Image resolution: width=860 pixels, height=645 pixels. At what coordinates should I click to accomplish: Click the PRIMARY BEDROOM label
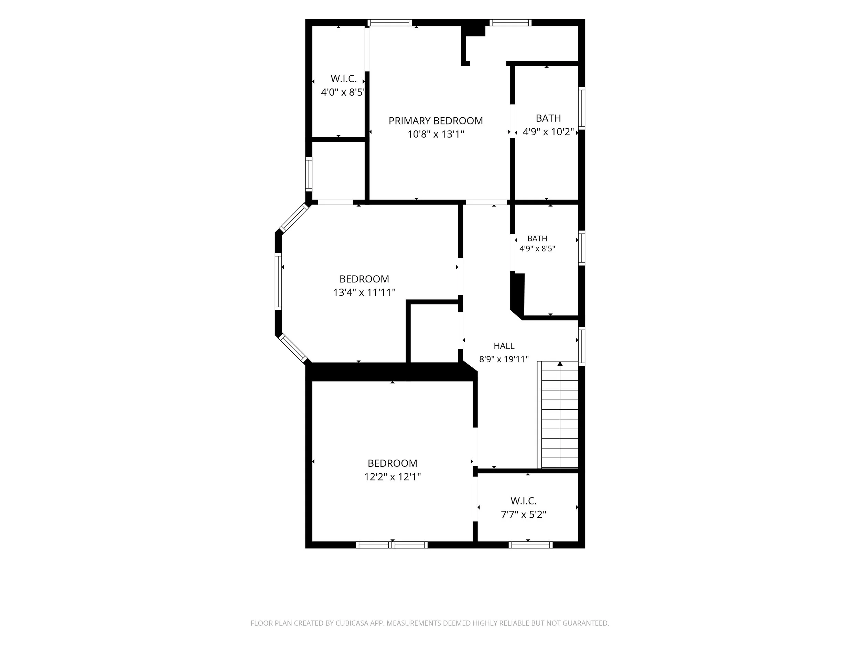tap(436, 121)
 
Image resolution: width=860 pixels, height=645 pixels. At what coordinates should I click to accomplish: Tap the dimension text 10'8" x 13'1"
tap(436, 134)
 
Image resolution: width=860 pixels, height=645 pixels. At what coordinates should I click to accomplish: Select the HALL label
tap(504, 346)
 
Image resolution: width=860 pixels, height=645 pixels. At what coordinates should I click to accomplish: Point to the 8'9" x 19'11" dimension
tap(504, 359)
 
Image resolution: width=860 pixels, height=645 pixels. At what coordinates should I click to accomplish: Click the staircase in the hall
tap(558, 415)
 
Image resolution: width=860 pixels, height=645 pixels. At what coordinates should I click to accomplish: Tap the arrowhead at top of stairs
tap(560, 364)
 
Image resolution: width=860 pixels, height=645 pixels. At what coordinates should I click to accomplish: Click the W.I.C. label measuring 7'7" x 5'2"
tap(524, 501)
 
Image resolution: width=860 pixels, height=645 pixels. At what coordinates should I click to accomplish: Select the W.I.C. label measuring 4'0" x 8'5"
tap(344, 79)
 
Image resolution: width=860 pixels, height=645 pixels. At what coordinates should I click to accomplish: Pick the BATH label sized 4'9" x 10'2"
tap(548, 118)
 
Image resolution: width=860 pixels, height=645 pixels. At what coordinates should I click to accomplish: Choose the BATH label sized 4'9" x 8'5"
tap(537, 239)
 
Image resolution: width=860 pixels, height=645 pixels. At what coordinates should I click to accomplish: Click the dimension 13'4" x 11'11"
tap(364, 292)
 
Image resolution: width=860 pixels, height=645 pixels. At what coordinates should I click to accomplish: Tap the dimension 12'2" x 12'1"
tap(392, 477)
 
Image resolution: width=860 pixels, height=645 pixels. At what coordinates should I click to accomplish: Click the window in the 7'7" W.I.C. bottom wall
tap(531, 545)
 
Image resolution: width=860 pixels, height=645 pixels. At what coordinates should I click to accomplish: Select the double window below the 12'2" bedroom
tap(392, 545)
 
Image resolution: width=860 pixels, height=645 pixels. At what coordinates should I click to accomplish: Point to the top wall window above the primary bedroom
tap(390, 23)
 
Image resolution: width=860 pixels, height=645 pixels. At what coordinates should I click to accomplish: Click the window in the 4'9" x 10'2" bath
tap(582, 108)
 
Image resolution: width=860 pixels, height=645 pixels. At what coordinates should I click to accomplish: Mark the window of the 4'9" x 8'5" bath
tap(582, 248)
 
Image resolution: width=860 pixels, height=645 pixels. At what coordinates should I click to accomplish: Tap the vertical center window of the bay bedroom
tap(278, 281)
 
